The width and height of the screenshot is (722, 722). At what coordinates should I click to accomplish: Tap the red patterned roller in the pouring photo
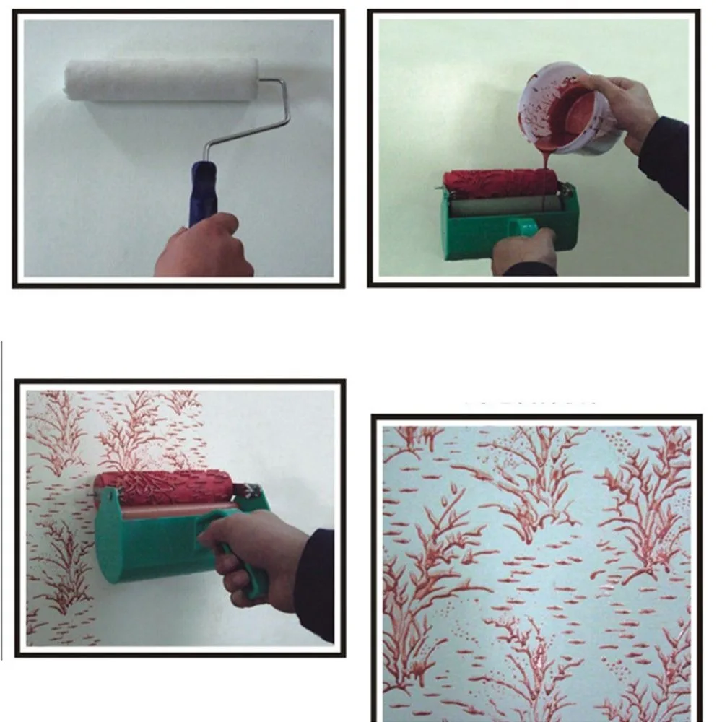tap(498, 184)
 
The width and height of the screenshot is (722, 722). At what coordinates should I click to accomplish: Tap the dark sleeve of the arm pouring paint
tap(664, 159)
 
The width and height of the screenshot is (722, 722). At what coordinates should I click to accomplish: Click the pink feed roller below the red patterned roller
tap(173, 511)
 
